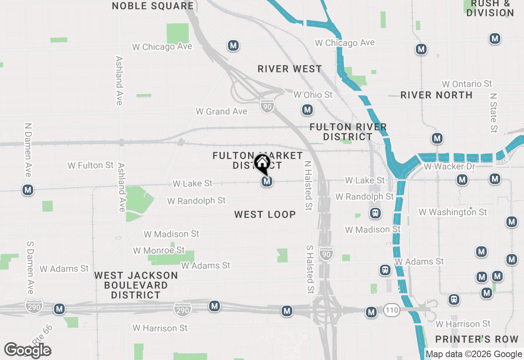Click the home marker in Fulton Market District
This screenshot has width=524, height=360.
coord(262,163)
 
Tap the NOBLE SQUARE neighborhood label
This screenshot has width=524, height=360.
coord(153,6)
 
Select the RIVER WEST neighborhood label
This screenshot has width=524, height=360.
coord(290,69)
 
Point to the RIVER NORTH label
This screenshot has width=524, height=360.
coord(436,95)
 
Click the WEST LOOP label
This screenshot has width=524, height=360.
coord(265,214)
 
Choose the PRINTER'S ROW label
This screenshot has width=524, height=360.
coord(477,339)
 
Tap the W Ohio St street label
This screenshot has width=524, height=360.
coord(313,95)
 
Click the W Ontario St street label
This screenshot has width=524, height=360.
coord(467,84)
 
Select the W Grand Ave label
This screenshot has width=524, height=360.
coord(221,111)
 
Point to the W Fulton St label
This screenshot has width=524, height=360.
coord(90,165)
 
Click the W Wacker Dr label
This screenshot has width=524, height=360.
coord(449,166)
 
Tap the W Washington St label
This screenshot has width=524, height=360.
coord(453,212)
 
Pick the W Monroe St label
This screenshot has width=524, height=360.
coord(159,250)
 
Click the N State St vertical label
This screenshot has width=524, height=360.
coord(494,112)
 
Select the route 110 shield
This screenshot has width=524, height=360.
coord(392,310)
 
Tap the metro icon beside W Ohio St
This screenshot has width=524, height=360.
coord(307,110)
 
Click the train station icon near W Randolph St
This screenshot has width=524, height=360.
coord(375,213)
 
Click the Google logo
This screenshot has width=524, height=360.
coord(27,351)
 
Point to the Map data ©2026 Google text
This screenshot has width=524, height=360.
coord(474,354)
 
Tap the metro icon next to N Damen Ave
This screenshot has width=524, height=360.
coord(28,190)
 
